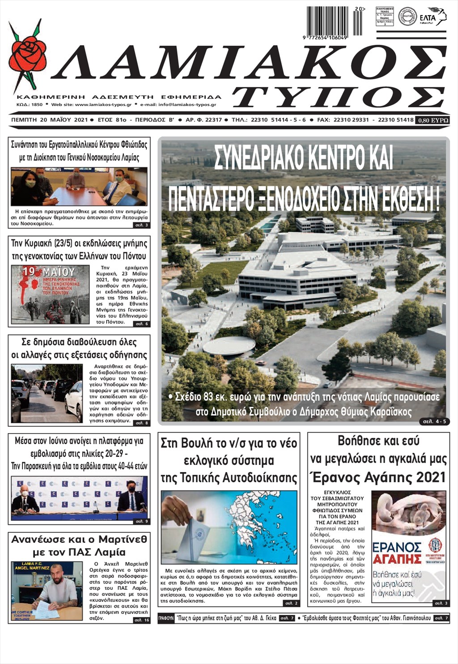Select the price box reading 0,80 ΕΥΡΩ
pos(432,120)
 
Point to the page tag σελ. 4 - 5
pos(434,421)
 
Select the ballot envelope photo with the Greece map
pos(229,527)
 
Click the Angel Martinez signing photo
pos(47,591)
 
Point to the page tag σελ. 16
pos(142,620)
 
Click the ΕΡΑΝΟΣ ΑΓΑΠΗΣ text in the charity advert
pos(397,553)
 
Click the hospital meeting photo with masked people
pos(79,187)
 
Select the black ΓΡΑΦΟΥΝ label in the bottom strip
pos(166,618)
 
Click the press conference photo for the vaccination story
pos(79,496)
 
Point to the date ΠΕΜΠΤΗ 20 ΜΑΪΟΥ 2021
pos(49,120)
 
